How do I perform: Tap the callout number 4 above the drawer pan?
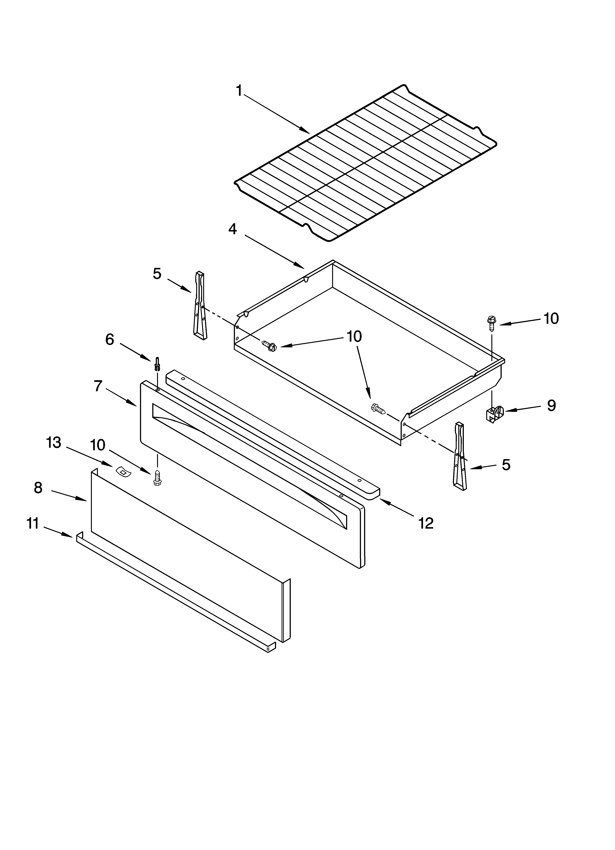[233, 229]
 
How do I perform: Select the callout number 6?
[109, 340]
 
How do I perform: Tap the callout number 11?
[33, 524]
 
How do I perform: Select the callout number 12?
[426, 523]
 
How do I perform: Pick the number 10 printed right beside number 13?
[98, 445]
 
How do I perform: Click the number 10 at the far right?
[551, 319]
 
